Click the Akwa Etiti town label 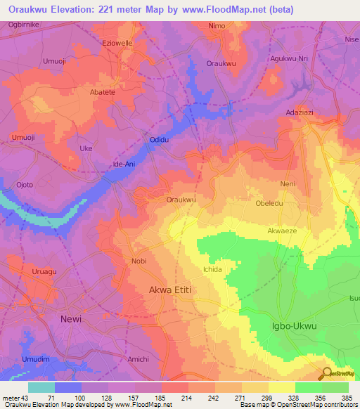[x=170, y=289]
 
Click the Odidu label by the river [x=160, y=141]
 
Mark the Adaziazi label [x=301, y=112]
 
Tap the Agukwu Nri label [x=289, y=59]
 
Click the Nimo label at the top [x=217, y=26]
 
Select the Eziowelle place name [x=117, y=43]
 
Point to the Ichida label [x=212, y=269]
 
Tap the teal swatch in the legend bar [x=41, y=387]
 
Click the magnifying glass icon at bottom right [x=326, y=373]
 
